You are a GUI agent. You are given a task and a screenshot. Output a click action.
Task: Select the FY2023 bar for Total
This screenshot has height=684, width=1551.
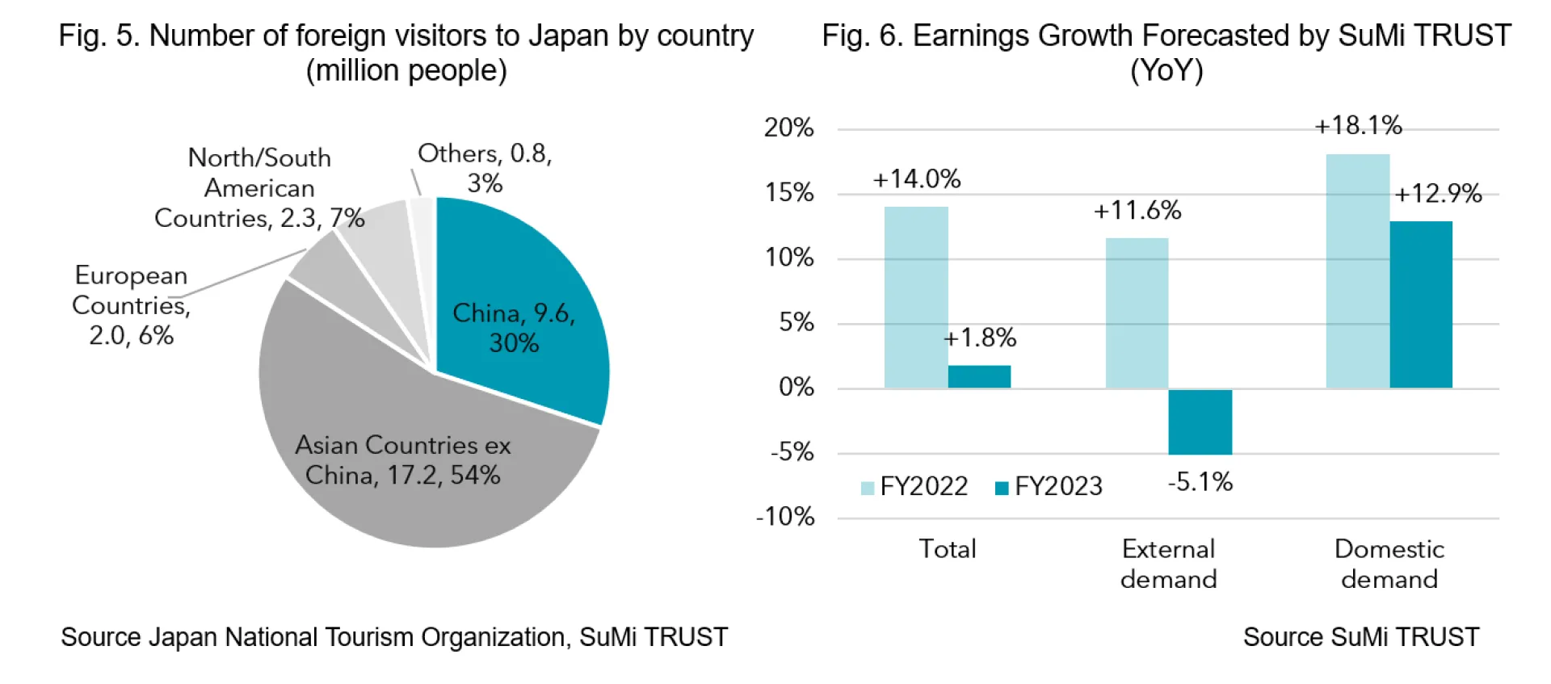tap(979, 376)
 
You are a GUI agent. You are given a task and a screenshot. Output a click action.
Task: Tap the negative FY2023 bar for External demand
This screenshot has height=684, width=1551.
tap(1200, 422)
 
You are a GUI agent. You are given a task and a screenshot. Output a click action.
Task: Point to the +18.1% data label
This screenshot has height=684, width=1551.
tap(1358, 126)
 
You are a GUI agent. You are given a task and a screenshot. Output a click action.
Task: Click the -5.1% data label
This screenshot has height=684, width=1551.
tap(1200, 483)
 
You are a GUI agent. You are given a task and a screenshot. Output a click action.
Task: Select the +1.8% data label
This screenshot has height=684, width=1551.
tap(980, 338)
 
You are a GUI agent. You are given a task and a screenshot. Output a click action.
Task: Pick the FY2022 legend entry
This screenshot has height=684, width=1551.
tap(914, 486)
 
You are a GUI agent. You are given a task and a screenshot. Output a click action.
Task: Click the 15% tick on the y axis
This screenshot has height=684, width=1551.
tap(789, 193)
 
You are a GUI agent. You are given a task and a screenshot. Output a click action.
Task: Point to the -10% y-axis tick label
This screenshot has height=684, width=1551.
tap(785, 517)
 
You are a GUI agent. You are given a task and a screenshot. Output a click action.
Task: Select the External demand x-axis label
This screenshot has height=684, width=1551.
tap(1168, 564)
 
